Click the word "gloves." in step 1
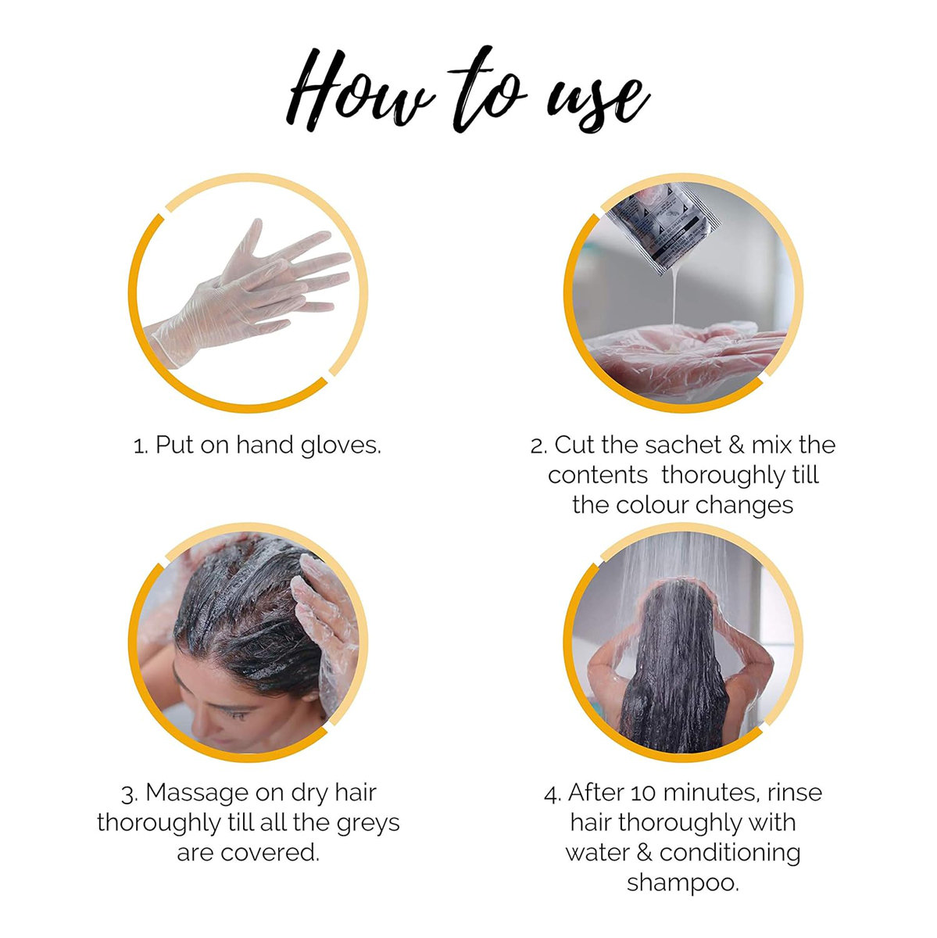pyautogui.click(x=340, y=446)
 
